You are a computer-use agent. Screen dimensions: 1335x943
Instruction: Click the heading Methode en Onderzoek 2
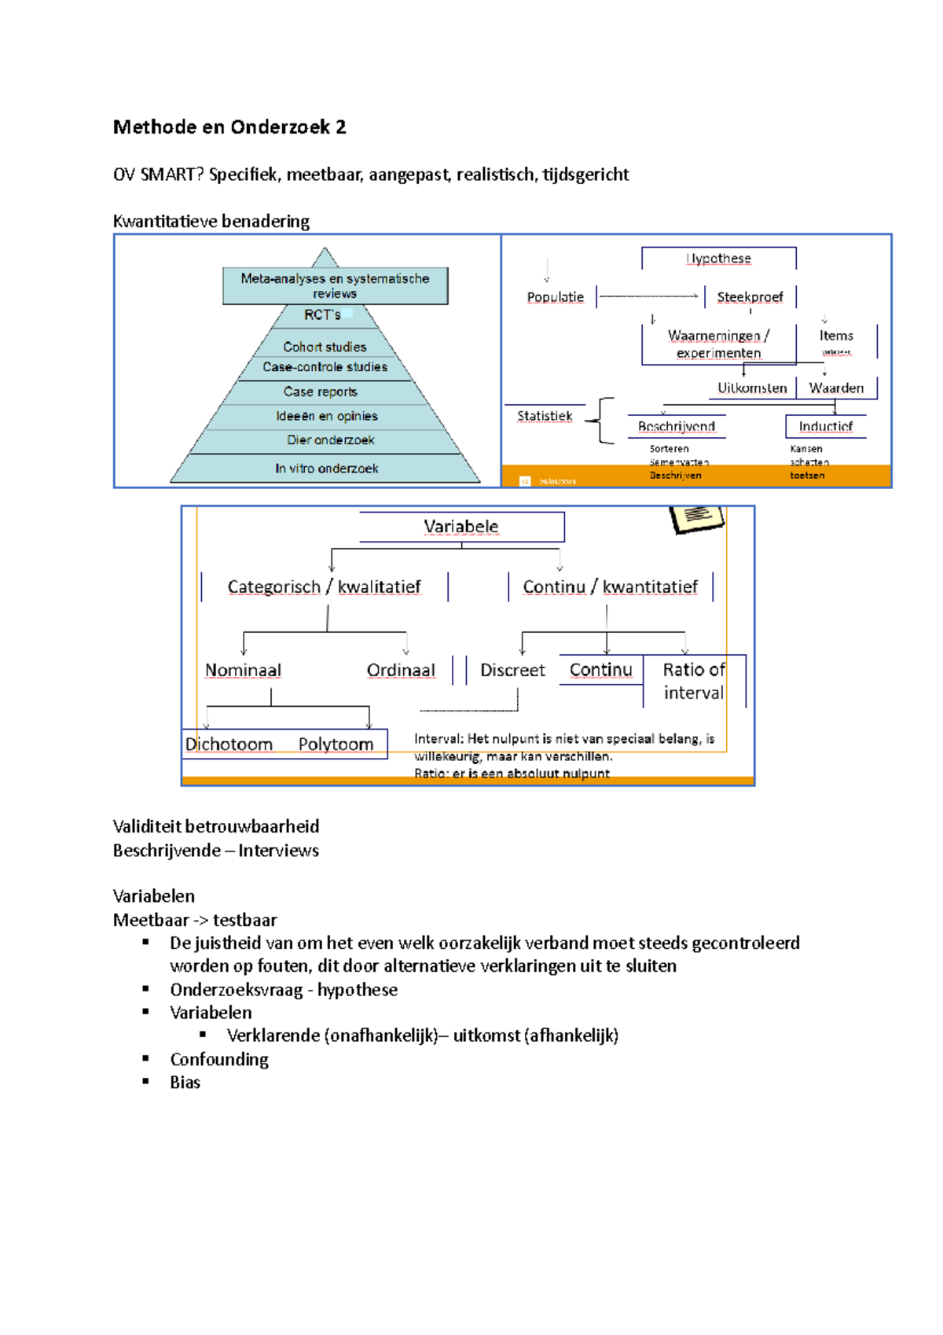(x=229, y=127)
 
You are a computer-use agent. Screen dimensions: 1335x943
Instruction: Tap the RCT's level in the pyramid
(x=322, y=315)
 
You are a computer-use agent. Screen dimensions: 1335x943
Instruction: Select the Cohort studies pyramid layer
(x=325, y=347)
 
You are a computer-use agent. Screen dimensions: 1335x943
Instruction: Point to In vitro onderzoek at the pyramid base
(x=326, y=469)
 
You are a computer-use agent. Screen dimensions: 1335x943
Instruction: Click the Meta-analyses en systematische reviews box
(x=335, y=286)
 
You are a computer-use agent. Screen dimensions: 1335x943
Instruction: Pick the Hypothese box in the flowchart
(x=718, y=259)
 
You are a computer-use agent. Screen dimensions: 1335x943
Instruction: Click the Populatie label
(x=555, y=297)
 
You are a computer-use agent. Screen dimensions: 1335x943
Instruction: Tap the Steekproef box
(x=750, y=297)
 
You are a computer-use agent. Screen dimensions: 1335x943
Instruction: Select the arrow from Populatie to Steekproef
(x=648, y=296)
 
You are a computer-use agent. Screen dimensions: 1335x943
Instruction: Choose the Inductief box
(x=825, y=426)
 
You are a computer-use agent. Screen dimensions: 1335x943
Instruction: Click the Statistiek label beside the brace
(x=545, y=416)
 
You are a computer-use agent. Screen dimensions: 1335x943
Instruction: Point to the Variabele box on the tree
(x=461, y=527)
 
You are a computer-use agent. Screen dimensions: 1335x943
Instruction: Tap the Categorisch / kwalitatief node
(x=324, y=587)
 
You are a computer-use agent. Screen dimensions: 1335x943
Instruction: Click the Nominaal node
(x=243, y=671)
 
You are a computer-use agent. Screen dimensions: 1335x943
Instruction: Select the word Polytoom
(x=336, y=745)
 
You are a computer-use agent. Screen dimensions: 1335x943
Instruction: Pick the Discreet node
(x=512, y=671)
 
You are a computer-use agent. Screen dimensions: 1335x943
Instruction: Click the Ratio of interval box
(x=693, y=681)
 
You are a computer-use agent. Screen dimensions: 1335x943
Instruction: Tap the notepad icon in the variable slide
(x=696, y=518)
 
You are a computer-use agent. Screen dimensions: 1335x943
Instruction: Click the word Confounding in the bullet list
(x=219, y=1060)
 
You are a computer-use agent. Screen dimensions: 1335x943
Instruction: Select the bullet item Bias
(x=185, y=1083)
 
